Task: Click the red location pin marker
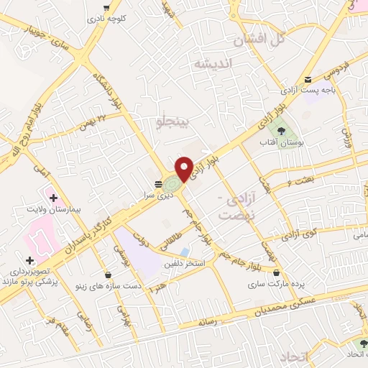coord(184,168)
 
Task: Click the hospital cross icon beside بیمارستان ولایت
coord(52,197)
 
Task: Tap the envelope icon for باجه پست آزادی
coord(308,80)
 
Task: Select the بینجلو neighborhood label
coord(176,121)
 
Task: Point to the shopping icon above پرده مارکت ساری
coord(277,272)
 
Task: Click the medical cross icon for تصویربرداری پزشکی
coord(29,260)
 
